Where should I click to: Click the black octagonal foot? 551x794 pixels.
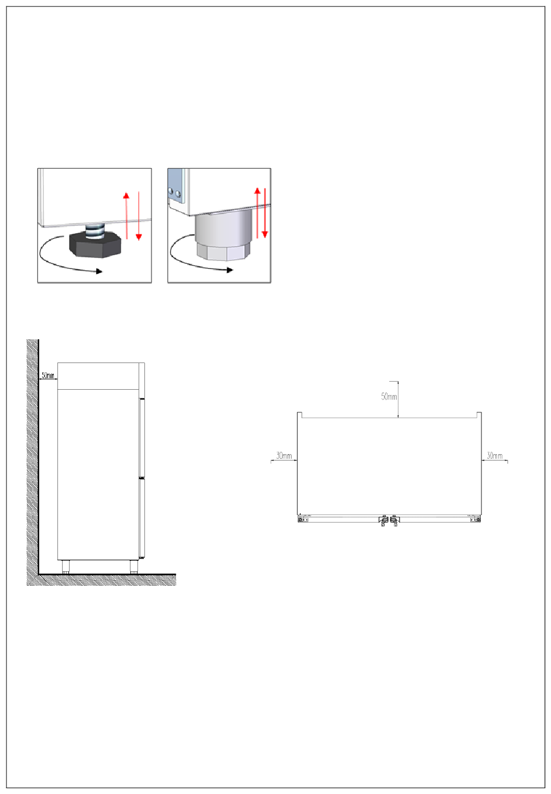[95, 244]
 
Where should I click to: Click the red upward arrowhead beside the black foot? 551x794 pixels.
[126, 195]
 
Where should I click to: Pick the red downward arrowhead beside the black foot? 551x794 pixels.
[139, 237]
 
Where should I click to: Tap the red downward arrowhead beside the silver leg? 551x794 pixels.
[264, 234]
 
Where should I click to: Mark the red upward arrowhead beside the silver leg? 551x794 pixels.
[258, 191]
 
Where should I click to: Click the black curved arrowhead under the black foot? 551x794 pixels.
[99, 271]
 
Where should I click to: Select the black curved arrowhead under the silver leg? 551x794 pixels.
[230, 270]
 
